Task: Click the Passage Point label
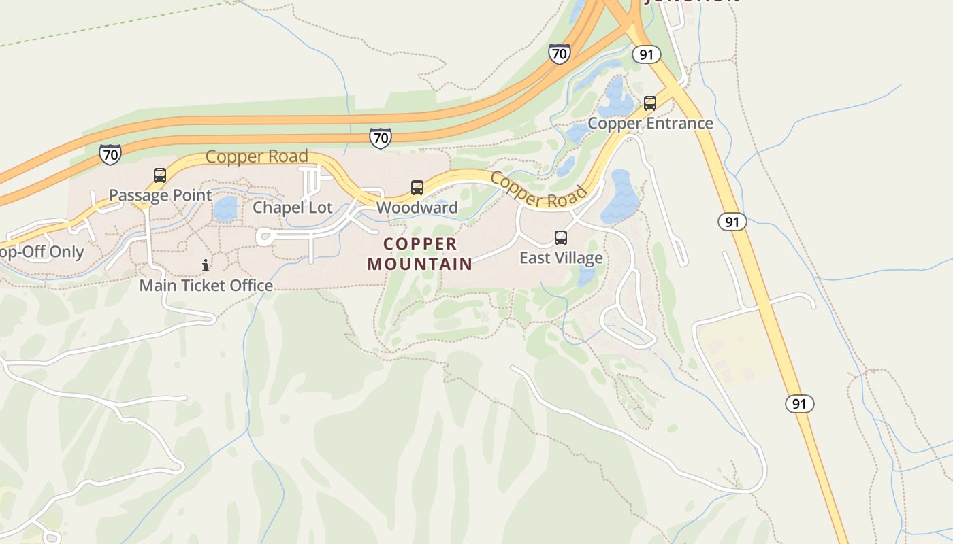click(x=161, y=195)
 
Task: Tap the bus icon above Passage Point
click(x=160, y=175)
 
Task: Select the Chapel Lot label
click(x=293, y=207)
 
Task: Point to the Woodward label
click(x=417, y=207)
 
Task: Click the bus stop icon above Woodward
click(x=417, y=188)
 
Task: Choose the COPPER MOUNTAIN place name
click(x=420, y=254)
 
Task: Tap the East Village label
click(x=561, y=258)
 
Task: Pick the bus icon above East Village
click(x=561, y=238)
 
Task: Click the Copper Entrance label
click(x=650, y=123)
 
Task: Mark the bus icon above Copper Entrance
click(x=650, y=103)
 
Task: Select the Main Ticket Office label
click(x=206, y=285)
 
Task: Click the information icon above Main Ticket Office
click(x=206, y=265)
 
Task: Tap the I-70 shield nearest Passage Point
click(x=110, y=154)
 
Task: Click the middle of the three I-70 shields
click(x=381, y=138)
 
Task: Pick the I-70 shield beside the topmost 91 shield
click(x=559, y=54)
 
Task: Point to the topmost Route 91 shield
click(x=646, y=54)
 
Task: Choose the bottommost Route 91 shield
click(x=799, y=404)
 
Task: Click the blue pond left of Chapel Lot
click(x=225, y=209)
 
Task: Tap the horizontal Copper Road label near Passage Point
click(x=257, y=156)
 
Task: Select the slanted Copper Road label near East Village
click(x=538, y=190)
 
